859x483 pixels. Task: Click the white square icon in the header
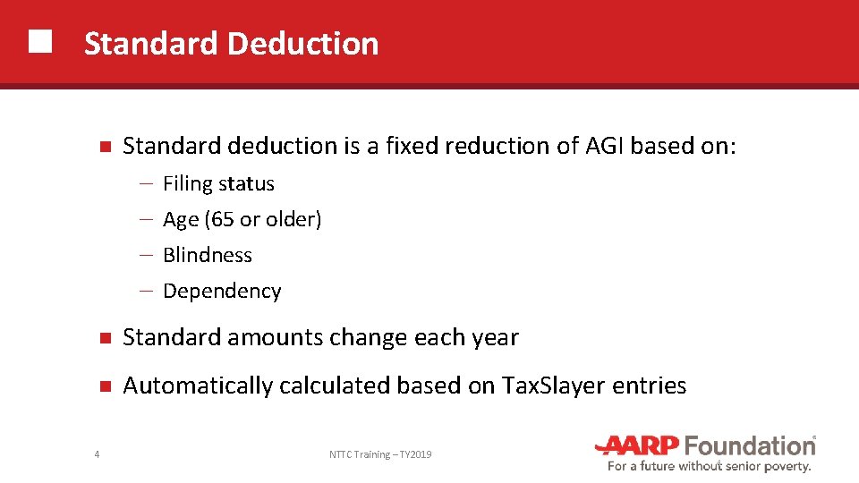(39, 42)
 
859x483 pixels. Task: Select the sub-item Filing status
(218, 183)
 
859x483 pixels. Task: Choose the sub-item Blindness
(208, 255)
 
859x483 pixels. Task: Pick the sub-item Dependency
(222, 291)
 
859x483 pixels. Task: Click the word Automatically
(198, 386)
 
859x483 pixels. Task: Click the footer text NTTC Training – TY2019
(380, 455)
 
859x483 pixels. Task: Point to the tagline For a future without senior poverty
(709, 466)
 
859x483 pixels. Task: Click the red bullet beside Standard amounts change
(104, 338)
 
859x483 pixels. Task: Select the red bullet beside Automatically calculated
(104, 386)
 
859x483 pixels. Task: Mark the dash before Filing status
(146, 183)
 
